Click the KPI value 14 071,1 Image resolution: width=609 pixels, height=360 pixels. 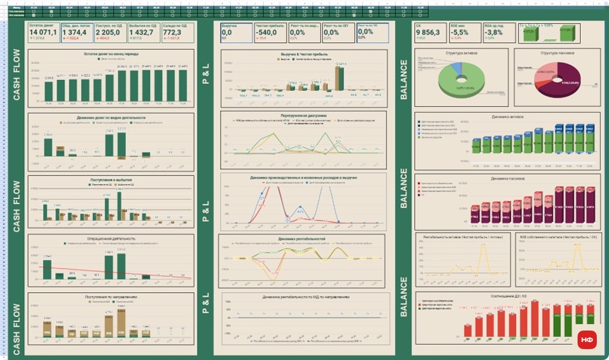[x=42, y=31]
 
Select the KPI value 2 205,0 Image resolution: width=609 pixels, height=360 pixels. [x=108, y=31]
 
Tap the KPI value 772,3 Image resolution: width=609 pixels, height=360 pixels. [x=172, y=31]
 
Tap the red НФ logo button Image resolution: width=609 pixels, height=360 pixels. [x=587, y=340]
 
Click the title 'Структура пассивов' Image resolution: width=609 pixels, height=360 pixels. [x=557, y=53]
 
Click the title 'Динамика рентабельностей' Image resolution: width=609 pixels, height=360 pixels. [x=303, y=239]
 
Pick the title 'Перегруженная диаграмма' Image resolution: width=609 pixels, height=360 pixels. [x=303, y=115]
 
